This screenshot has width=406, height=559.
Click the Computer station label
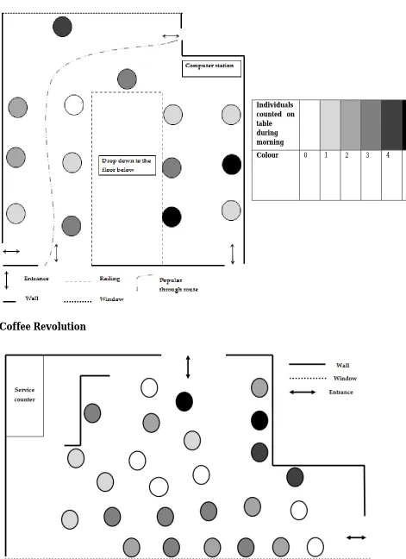pos(209,66)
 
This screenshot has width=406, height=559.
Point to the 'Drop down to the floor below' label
pos(127,165)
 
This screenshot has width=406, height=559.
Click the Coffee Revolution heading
pos(43,326)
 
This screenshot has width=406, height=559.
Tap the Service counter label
pos(25,394)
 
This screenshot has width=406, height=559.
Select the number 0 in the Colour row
pos(305,155)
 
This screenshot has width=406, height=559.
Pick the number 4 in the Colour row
pos(388,155)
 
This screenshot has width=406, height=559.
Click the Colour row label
pos(267,155)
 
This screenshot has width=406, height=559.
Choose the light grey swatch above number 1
pos(330,125)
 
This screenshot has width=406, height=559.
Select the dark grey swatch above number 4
pos(391,125)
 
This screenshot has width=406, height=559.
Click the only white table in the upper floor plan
pos(74,105)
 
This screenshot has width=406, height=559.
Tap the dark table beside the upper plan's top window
pos(62,27)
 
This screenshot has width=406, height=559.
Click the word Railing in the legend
pos(109,279)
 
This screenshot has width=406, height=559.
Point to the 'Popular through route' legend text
pos(178,285)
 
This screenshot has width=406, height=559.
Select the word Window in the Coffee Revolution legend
pos(345,378)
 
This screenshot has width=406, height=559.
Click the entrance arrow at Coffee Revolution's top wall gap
pos(188,367)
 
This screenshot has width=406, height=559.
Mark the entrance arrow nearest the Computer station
pos(171,36)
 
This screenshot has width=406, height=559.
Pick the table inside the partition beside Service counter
pos(92,413)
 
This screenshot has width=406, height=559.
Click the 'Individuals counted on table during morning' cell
pos(275,123)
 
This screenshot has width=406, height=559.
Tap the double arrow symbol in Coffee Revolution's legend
pos(303,393)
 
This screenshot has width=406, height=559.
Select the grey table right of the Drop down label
pos(172,167)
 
